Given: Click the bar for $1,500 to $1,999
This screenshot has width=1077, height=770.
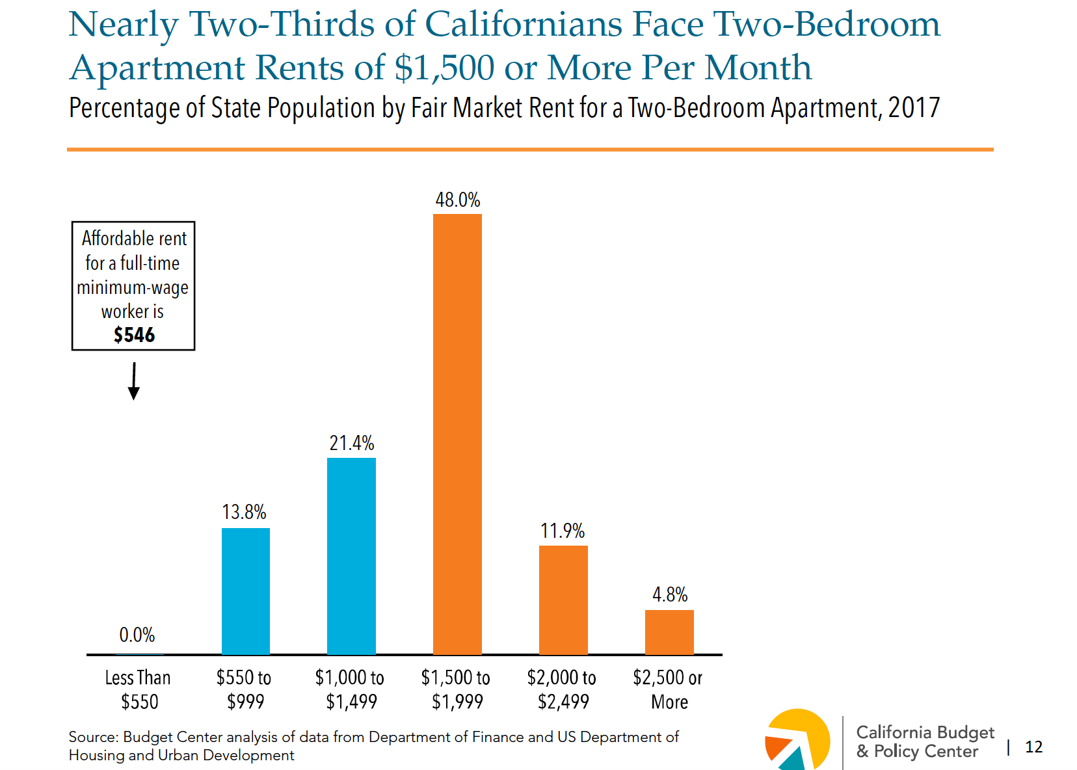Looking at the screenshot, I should point(457,434).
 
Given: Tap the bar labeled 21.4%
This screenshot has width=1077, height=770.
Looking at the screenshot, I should point(351,556).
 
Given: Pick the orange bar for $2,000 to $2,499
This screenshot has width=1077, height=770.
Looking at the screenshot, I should point(563,600).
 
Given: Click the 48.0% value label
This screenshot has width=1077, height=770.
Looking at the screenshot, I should point(457,200).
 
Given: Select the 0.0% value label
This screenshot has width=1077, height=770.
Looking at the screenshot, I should point(137,635).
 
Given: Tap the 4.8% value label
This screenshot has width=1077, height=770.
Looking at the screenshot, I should point(670,594).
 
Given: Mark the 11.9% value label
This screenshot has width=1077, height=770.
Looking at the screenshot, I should point(563,531).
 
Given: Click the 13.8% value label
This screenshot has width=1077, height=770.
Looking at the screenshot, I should point(245,512).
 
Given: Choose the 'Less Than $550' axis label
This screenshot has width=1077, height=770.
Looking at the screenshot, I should point(139,689).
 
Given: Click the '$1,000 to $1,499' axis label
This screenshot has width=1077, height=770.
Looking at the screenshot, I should point(350,689).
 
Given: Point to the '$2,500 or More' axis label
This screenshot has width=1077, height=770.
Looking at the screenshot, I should point(668,689).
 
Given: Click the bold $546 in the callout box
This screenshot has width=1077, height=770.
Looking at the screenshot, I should point(134,335).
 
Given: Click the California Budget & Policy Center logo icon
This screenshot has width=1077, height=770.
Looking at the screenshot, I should point(797,740).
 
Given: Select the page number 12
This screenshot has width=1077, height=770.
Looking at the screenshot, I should point(1033,747).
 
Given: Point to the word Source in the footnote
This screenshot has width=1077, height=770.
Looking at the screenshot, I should point(92,737).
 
